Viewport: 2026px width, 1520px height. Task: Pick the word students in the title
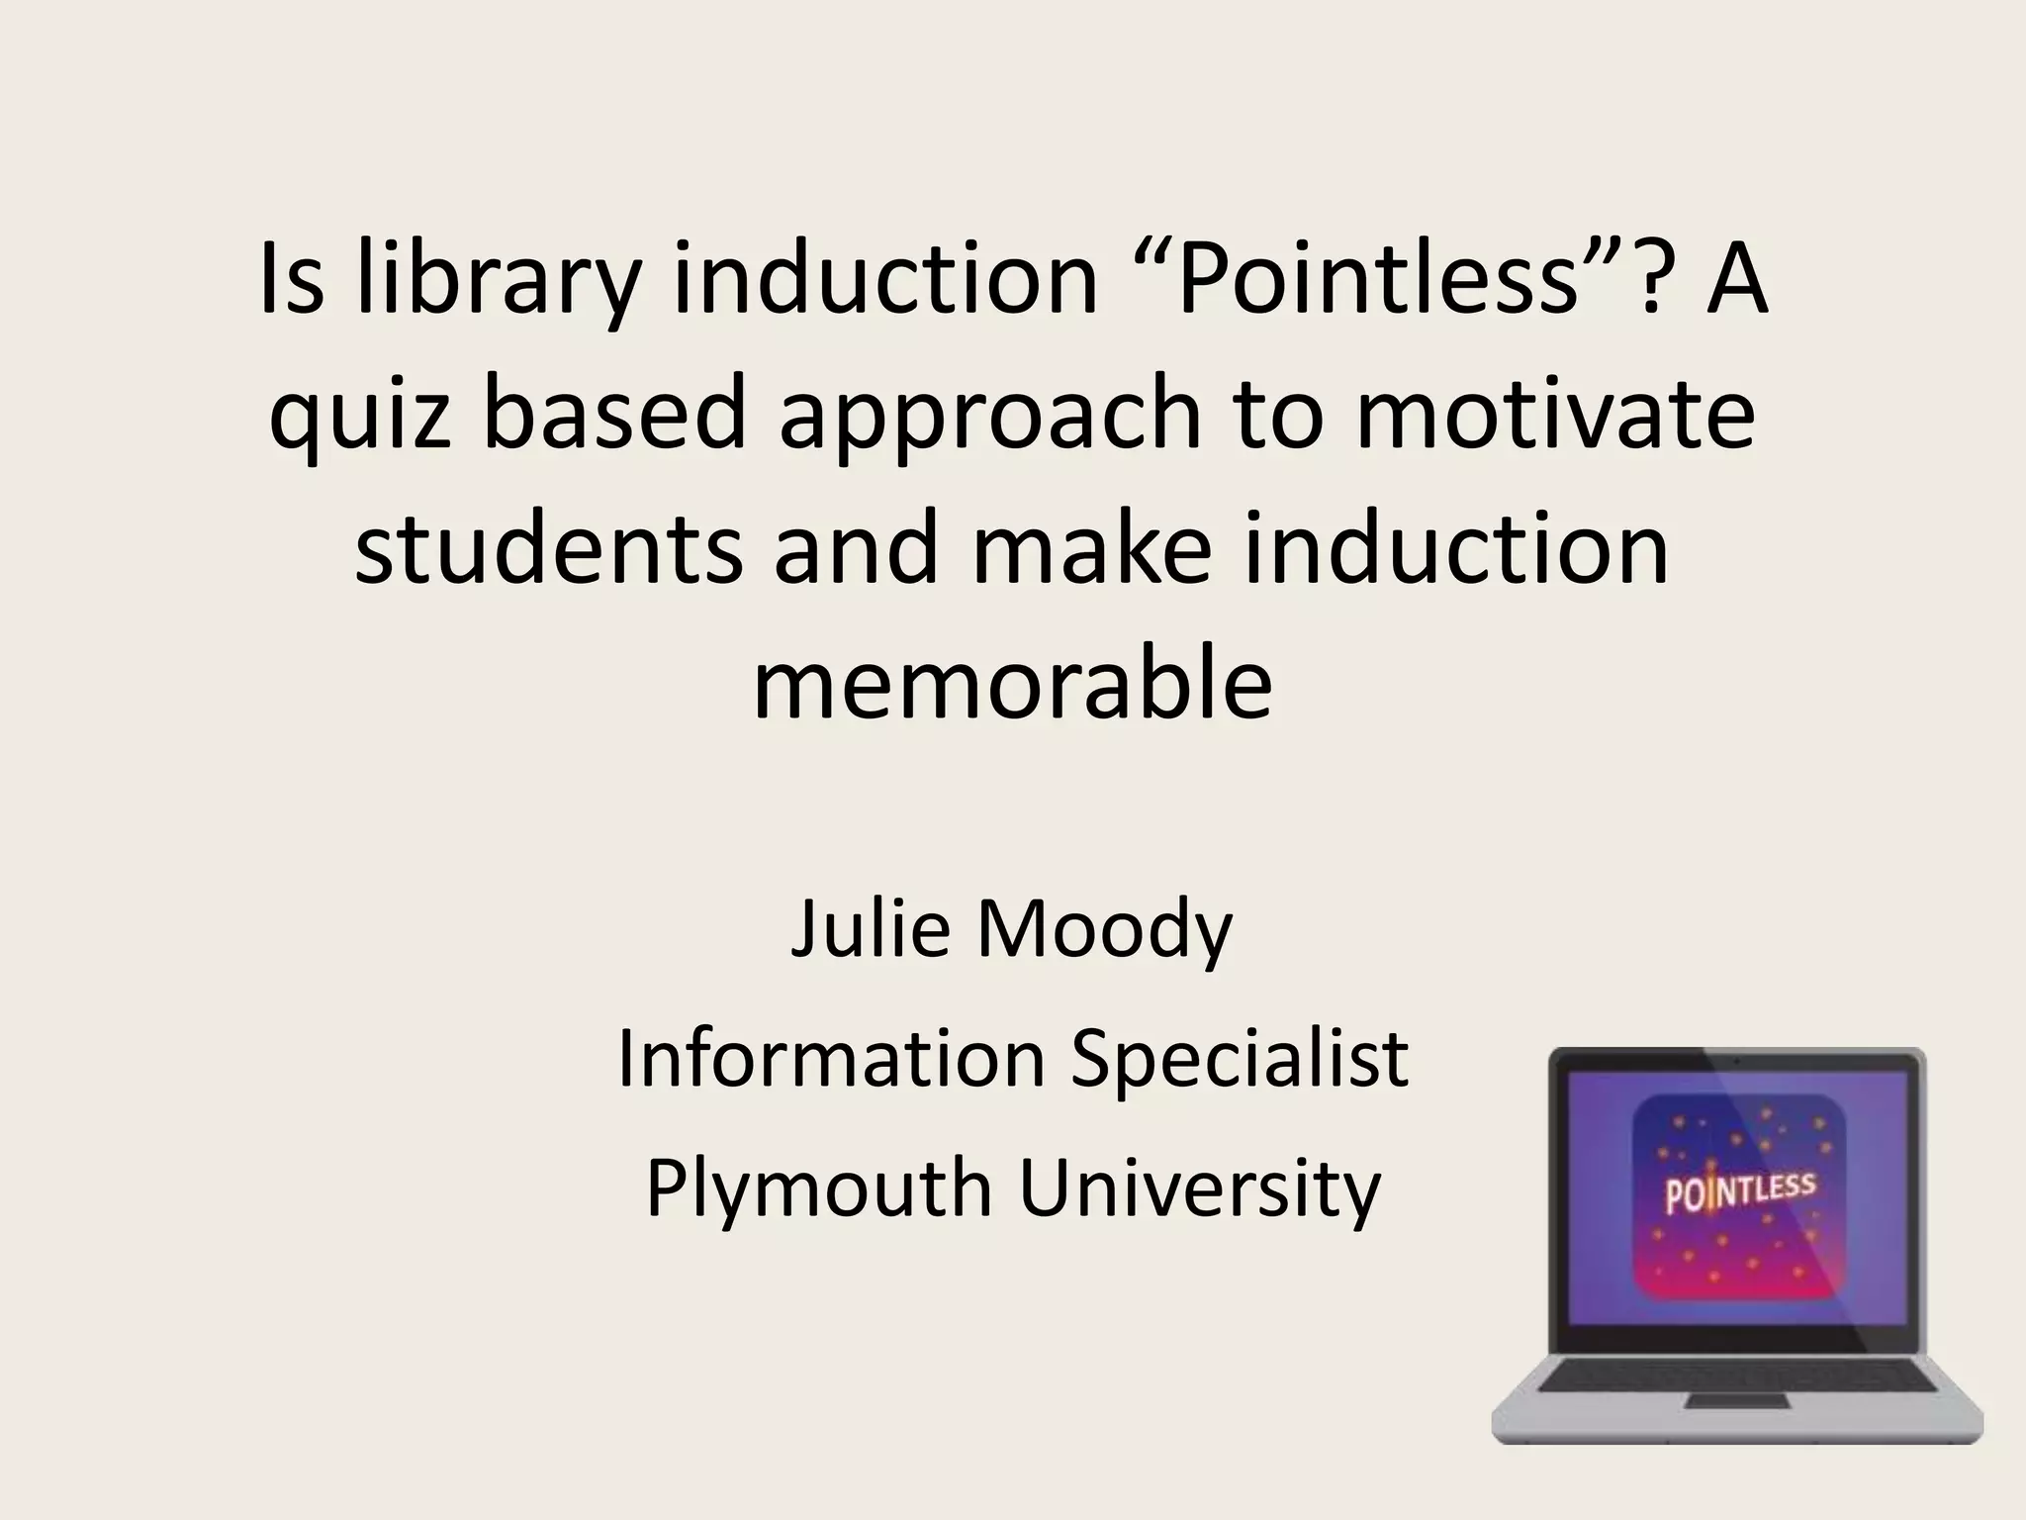tap(548, 548)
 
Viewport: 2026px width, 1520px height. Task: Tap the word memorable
tap(1012, 682)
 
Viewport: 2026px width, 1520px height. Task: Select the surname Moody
tap(1104, 930)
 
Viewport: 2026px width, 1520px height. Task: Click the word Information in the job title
tap(831, 1058)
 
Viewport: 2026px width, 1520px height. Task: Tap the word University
tap(1199, 1188)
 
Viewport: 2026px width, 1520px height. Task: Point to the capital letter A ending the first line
tap(1736, 282)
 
